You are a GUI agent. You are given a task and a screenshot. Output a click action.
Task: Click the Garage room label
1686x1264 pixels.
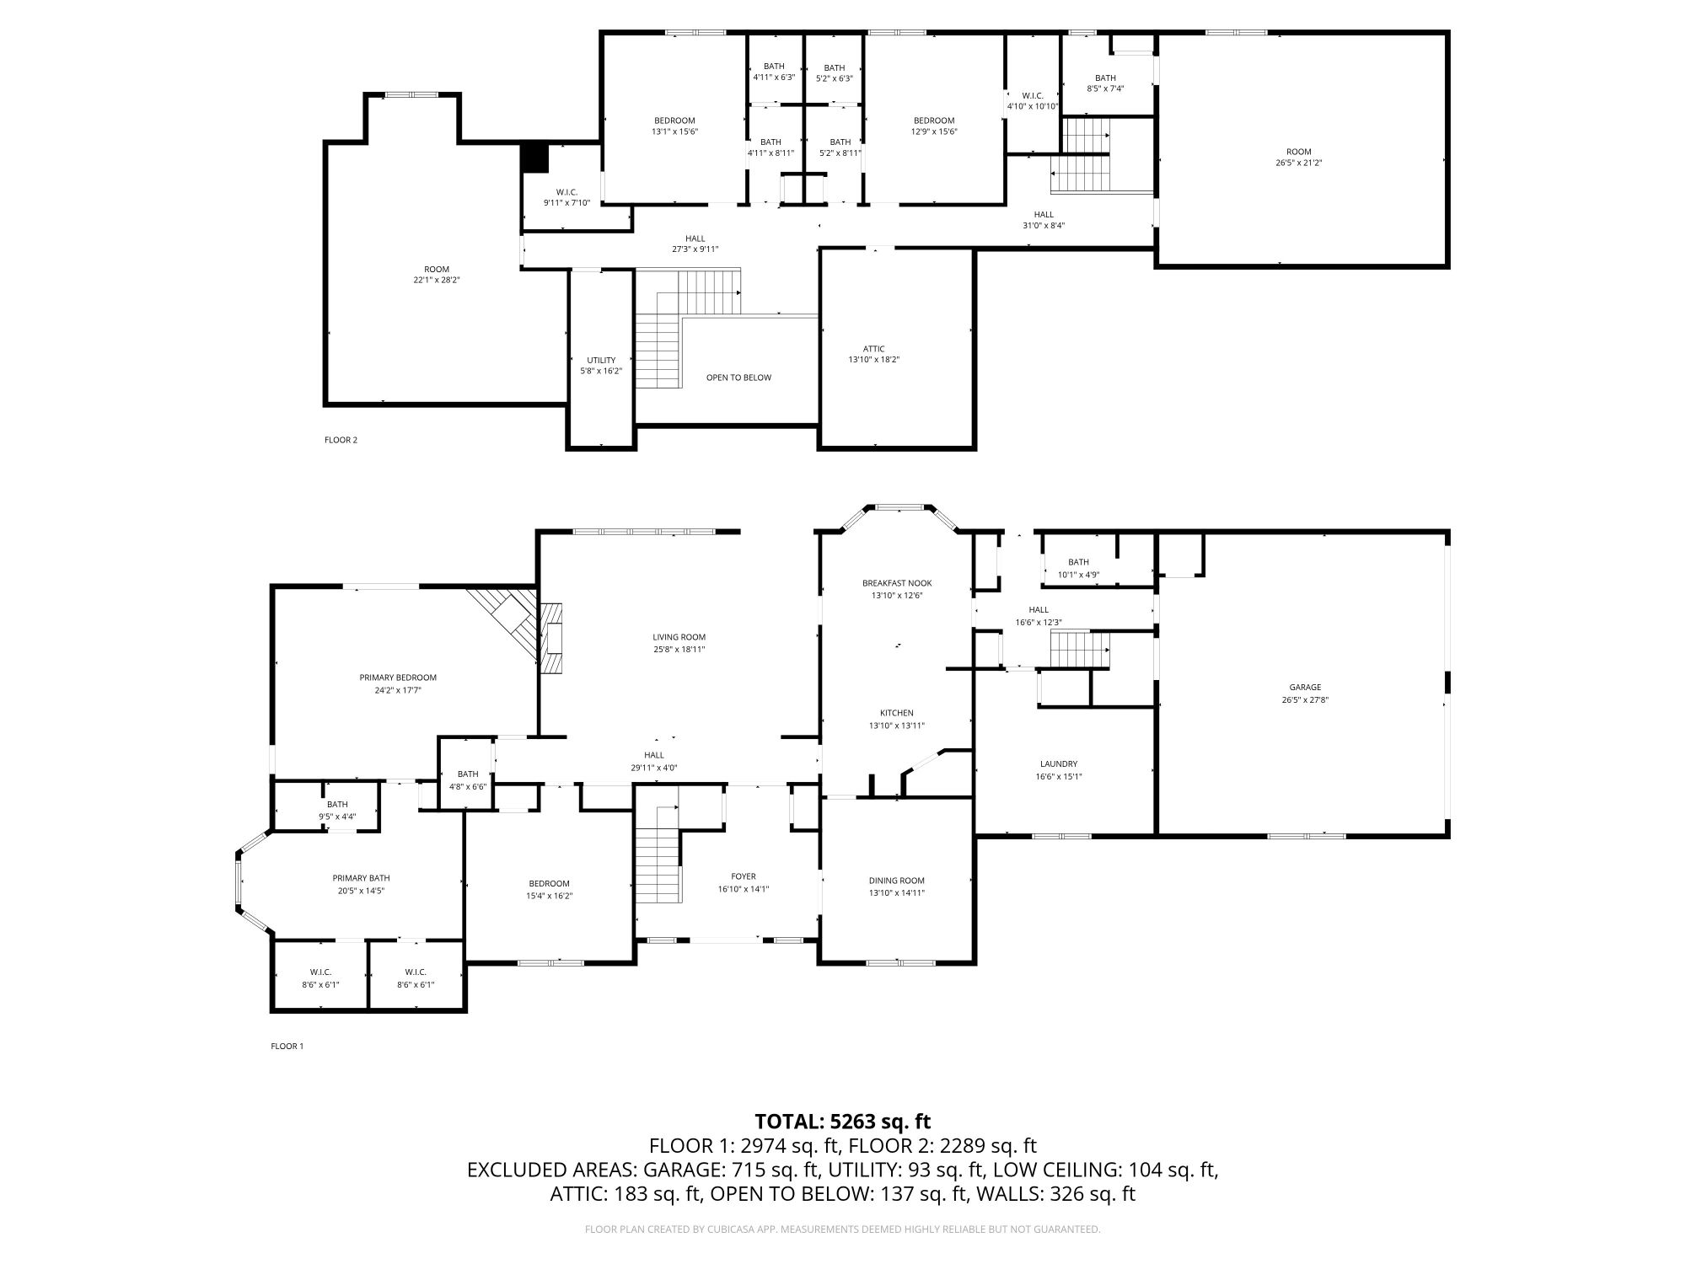[x=1305, y=687]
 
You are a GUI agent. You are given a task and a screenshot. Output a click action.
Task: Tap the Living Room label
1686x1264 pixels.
[x=679, y=637]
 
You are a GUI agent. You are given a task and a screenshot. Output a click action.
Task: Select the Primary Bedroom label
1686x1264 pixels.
[x=398, y=678]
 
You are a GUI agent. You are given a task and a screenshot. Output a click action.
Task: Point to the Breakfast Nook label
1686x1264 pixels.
[x=897, y=583]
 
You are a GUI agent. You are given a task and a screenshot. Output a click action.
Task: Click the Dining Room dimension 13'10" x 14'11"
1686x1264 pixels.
[x=897, y=892]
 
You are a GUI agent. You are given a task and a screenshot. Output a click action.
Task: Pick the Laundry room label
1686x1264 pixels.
[x=1059, y=764]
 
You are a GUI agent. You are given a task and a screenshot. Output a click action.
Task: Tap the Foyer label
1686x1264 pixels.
[x=744, y=876]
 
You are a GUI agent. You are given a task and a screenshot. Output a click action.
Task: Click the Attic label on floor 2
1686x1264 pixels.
[x=874, y=349]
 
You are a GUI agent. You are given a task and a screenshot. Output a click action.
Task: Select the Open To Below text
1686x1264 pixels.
[x=738, y=378]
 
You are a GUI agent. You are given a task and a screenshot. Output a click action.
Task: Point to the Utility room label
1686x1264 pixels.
[x=601, y=361]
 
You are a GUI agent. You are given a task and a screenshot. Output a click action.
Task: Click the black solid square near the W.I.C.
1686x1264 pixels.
[x=534, y=158]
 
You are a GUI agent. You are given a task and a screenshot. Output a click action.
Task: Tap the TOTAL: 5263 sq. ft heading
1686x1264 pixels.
[x=843, y=1122]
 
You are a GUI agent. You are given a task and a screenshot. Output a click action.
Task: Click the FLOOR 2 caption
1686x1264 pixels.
[x=341, y=440]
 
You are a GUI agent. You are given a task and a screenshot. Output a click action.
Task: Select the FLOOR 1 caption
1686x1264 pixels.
[x=287, y=1047]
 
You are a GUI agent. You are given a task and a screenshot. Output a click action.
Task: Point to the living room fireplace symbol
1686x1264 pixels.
[x=551, y=638]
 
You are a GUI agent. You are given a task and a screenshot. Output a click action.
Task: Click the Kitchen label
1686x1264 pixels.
[x=897, y=713]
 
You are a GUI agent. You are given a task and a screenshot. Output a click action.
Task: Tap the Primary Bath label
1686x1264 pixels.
[x=361, y=878]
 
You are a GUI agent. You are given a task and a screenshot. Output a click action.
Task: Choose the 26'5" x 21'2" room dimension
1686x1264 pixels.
[x=1299, y=163]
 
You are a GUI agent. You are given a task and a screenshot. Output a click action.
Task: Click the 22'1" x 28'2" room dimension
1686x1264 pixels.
[x=437, y=281]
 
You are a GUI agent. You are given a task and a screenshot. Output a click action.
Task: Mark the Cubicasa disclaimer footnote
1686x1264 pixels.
[x=843, y=1229]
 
